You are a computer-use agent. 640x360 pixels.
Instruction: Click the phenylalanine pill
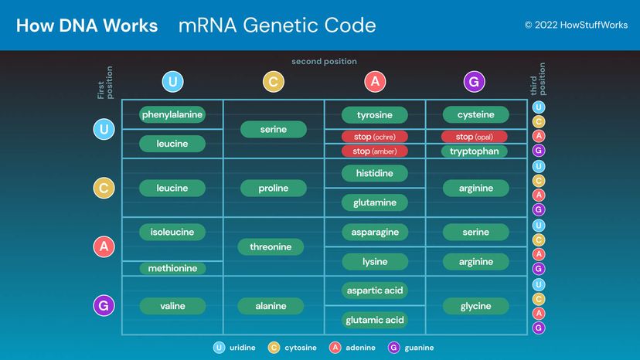(172, 114)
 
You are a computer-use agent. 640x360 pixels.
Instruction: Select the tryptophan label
(475, 151)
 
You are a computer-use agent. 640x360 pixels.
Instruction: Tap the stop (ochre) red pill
(375, 137)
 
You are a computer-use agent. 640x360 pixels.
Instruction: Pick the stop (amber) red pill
(375, 151)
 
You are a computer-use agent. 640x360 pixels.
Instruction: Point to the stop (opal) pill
(475, 137)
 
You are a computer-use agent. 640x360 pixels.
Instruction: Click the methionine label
(172, 268)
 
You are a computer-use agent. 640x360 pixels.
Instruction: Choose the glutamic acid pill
(375, 320)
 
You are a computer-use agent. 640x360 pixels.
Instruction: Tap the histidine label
(375, 173)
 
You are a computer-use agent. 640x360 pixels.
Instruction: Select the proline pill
(274, 188)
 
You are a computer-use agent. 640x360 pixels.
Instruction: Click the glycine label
(475, 306)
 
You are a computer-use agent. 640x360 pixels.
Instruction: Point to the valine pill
(172, 306)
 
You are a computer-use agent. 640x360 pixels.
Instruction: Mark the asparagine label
(375, 232)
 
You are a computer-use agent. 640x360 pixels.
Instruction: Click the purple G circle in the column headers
(475, 82)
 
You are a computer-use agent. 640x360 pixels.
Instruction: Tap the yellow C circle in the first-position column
(104, 188)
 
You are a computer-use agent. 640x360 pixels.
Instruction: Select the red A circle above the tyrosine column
(375, 82)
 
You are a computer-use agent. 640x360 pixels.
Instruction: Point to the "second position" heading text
(324, 62)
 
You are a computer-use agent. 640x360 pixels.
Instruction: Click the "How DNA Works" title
(87, 25)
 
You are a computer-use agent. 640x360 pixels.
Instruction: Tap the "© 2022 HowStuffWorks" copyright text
(574, 25)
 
